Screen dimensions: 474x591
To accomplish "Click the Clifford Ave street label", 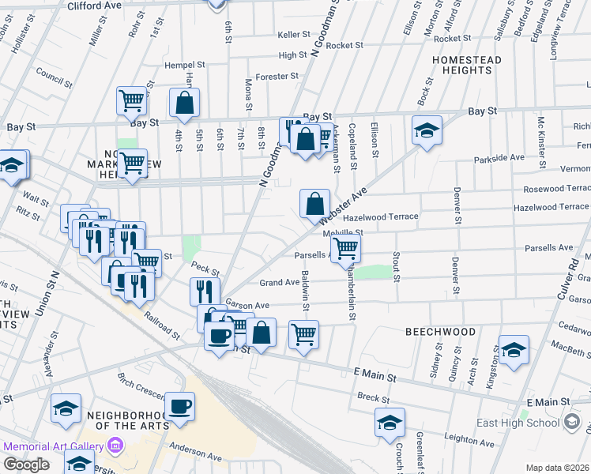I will tap(94, 6).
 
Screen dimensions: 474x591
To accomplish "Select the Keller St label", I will tap(294, 35).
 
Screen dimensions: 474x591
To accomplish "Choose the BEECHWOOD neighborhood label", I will tap(440, 333).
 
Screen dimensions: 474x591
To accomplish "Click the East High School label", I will tap(518, 423).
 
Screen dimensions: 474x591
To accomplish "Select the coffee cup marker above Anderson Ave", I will tap(179, 407).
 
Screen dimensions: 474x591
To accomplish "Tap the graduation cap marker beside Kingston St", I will tap(513, 350).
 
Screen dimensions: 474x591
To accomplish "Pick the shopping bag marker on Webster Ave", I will tap(314, 204).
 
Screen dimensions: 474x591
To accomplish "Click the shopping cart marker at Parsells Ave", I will tap(345, 248).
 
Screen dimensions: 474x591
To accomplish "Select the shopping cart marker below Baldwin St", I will tap(303, 335).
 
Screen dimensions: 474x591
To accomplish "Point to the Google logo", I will tap(26, 465).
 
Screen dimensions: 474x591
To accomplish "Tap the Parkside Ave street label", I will tap(499, 158).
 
